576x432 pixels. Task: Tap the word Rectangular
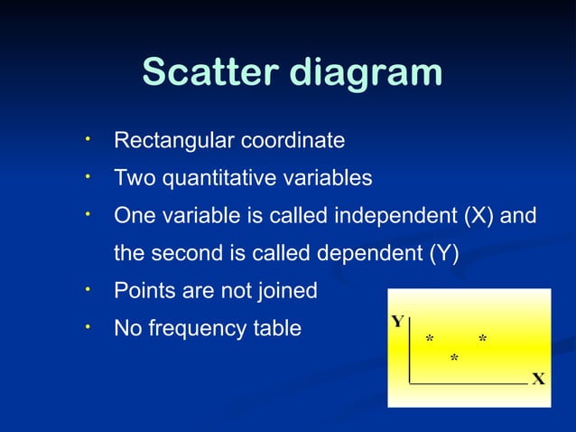tap(170, 141)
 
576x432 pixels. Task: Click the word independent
tap(396, 217)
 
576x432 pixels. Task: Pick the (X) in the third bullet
tap(478, 217)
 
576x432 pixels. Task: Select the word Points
tap(142, 292)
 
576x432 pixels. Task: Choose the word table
tap(275, 329)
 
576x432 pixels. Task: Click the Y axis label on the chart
tap(397, 322)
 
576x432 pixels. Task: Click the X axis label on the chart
tap(538, 379)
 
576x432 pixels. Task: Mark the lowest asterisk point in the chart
tap(454, 360)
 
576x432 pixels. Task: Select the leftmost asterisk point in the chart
tap(430, 339)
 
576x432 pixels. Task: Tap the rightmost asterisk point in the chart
tap(483, 339)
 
